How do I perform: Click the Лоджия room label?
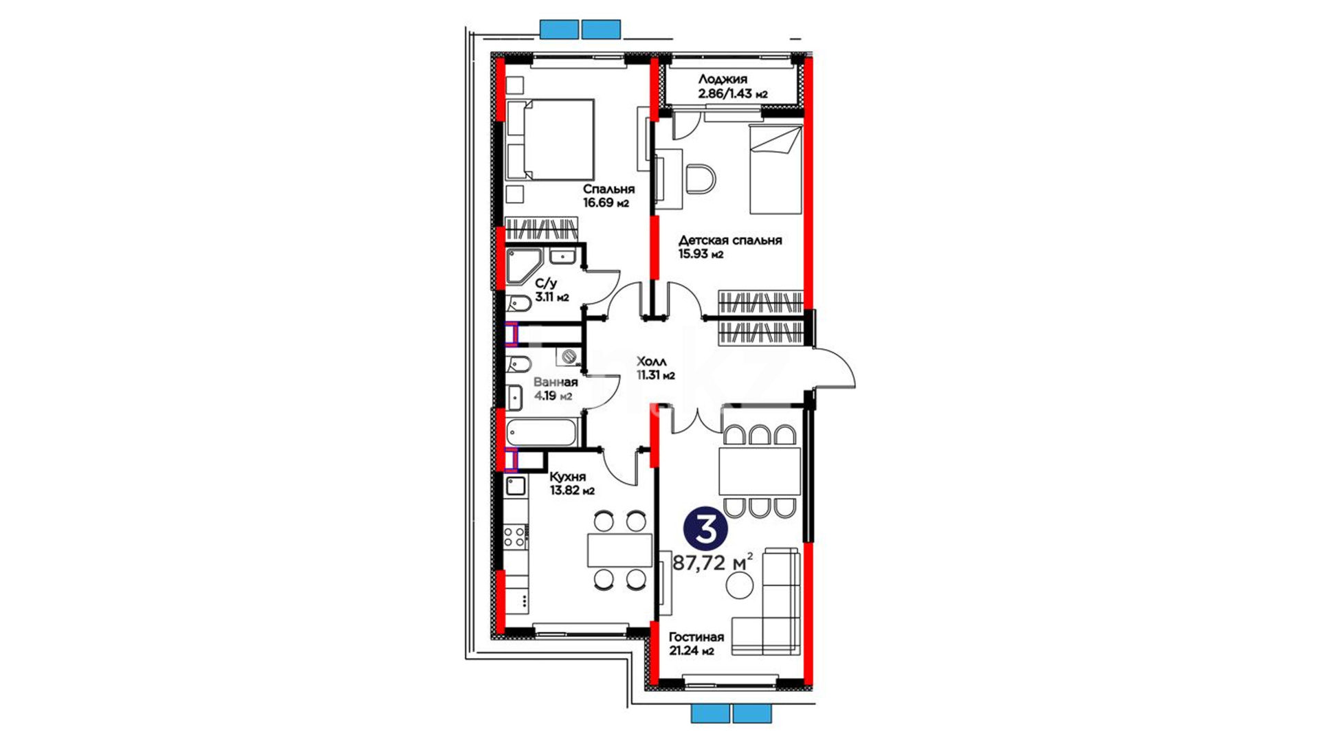click(x=723, y=79)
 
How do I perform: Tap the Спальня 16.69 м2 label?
click(x=608, y=196)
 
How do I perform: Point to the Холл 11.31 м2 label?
click(x=655, y=368)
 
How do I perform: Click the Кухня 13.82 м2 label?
click(x=572, y=484)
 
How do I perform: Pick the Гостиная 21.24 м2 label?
click(x=696, y=644)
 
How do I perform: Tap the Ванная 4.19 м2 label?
click(x=555, y=389)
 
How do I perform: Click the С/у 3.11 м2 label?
click(x=552, y=290)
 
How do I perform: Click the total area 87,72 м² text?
click(x=712, y=563)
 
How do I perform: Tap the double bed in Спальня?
click(x=550, y=140)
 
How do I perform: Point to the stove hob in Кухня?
click(x=516, y=535)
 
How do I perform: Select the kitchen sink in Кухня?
click(x=516, y=486)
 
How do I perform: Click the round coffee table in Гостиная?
click(x=740, y=585)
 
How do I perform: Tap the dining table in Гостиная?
click(x=760, y=471)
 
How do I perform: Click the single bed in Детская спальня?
click(x=775, y=169)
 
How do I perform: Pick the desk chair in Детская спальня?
click(x=701, y=179)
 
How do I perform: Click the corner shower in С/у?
click(x=524, y=267)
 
